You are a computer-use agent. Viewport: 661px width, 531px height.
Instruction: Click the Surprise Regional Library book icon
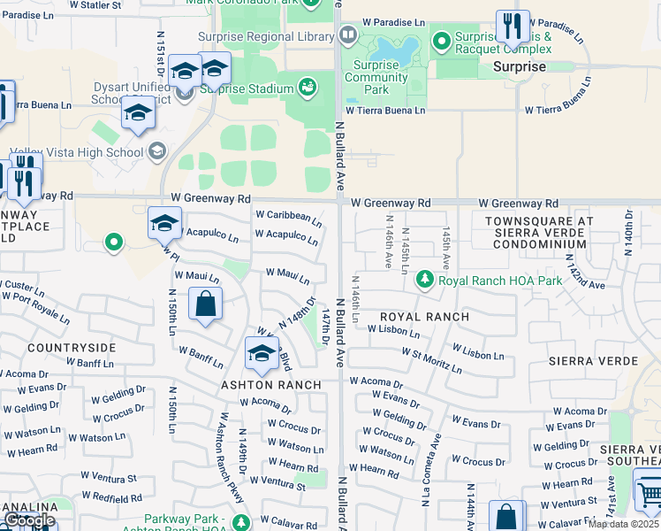click(x=348, y=35)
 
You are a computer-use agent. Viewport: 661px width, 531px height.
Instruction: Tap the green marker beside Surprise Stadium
click(x=308, y=88)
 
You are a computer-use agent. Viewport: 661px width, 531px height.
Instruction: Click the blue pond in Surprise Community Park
click(x=393, y=50)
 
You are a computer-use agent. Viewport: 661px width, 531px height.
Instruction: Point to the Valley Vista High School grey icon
click(x=157, y=151)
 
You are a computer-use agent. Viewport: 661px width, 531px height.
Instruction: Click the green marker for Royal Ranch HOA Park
click(x=425, y=281)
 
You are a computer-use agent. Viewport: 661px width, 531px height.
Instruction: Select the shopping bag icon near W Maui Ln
click(x=205, y=304)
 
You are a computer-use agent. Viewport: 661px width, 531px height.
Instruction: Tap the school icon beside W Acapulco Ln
click(x=164, y=224)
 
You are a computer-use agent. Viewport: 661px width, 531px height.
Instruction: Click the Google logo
click(x=29, y=521)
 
